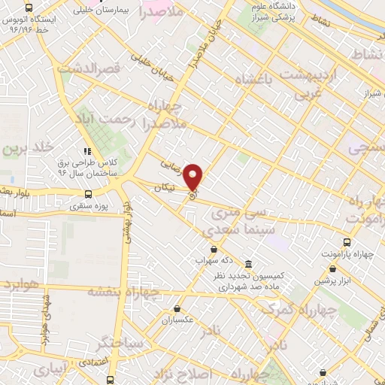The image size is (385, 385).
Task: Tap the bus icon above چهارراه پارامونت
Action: (347, 242)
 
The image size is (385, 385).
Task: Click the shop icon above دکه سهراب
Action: (214, 249)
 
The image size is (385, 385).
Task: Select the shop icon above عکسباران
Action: (177, 308)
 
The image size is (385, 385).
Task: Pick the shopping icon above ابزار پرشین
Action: (323, 268)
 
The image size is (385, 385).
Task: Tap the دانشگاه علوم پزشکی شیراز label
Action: (282, 13)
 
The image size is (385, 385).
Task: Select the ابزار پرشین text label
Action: (323, 280)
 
